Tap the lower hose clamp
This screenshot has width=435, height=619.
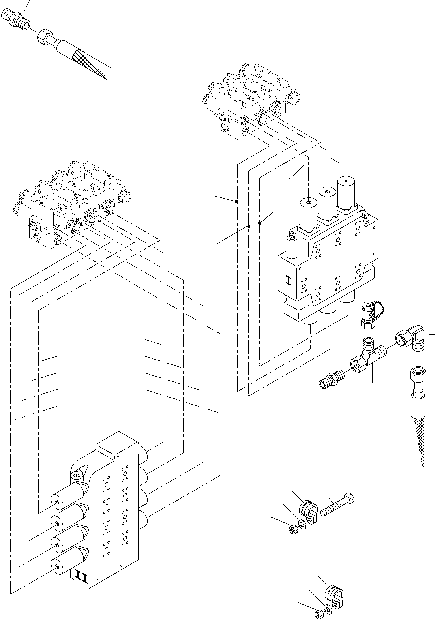pyautogui.click(x=334, y=591)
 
